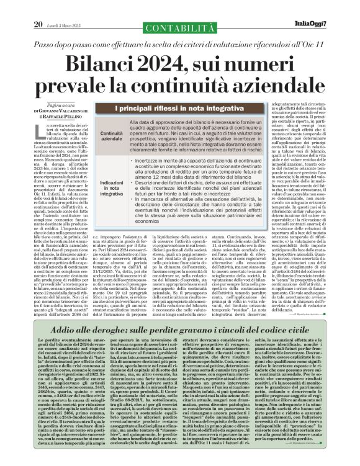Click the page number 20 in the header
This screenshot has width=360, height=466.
tap(38, 7)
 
